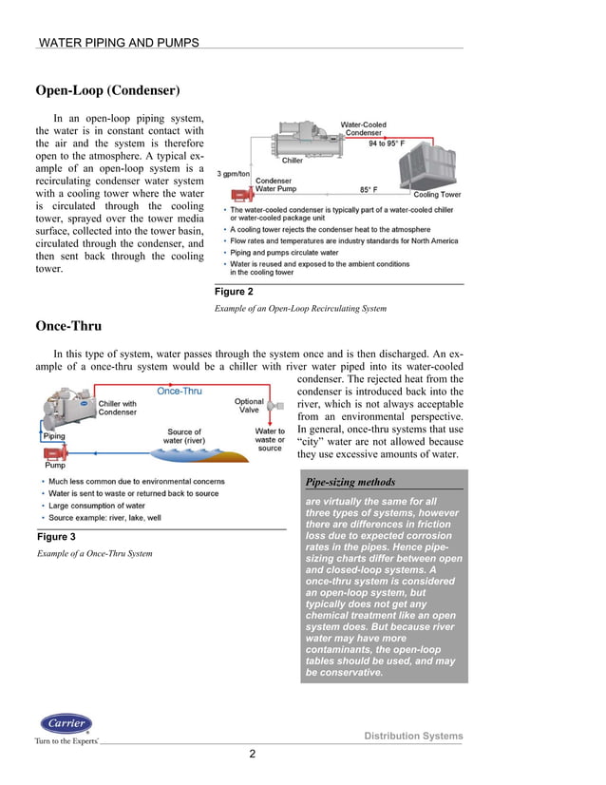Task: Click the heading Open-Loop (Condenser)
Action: coord(107,91)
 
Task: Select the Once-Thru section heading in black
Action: coord(68,326)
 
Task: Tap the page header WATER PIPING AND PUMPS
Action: coord(118,43)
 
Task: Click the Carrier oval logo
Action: coord(66,723)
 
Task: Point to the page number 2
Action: coord(253,755)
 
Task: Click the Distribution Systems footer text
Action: coord(414,737)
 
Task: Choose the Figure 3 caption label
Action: coord(55,538)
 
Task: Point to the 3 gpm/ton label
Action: coord(235,174)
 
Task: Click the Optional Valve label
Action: coord(249,406)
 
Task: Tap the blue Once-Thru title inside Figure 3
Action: coord(179,391)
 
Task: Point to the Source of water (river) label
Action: coord(183,436)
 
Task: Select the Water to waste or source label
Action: coord(270,439)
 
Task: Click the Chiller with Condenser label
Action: coord(118,408)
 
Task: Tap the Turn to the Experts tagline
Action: coord(66,740)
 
